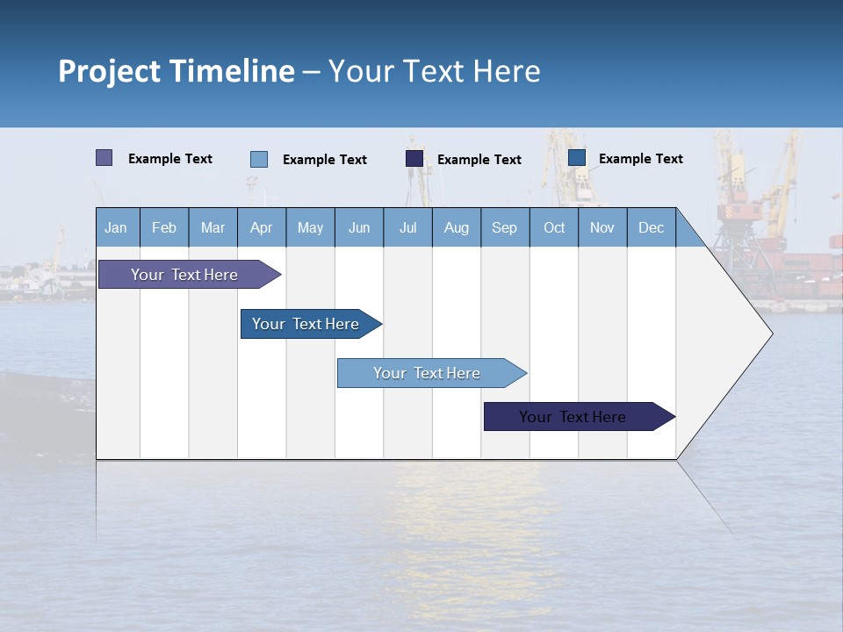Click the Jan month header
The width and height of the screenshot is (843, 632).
[117, 227]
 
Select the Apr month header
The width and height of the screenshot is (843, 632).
[262, 227]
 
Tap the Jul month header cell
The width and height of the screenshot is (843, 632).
[407, 227]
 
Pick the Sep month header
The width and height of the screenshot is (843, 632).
[505, 227]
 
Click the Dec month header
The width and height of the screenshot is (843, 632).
[651, 227]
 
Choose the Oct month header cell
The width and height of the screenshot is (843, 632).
[554, 227]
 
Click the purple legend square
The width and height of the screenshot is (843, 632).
[104, 158]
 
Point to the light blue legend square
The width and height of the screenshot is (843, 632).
[259, 159]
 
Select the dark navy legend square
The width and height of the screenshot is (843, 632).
[414, 159]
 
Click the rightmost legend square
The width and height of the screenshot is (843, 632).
[577, 158]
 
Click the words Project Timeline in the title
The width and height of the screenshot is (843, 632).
[176, 71]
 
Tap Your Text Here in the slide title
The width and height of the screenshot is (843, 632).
[434, 71]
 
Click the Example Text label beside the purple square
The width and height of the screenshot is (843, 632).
[170, 159]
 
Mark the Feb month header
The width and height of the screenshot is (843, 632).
[164, 227]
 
